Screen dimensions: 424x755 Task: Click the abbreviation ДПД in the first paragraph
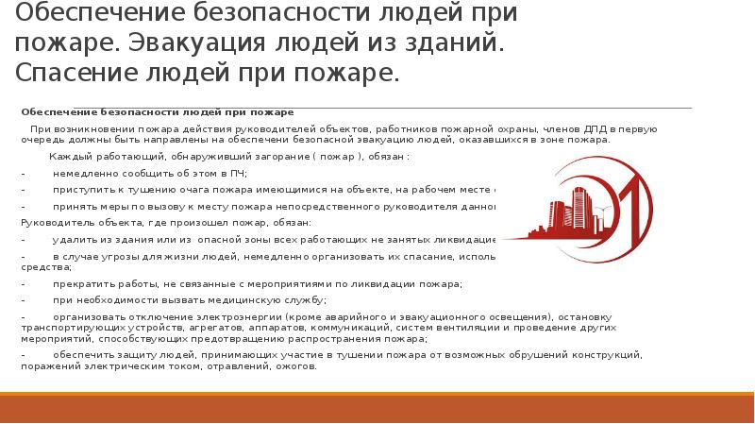click(593, 127)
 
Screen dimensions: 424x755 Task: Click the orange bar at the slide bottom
click(377, 410)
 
